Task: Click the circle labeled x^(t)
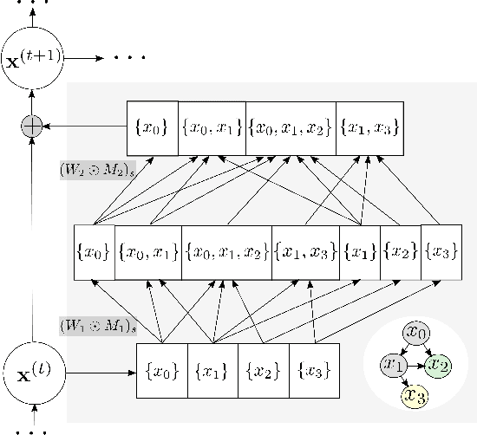tap(32, 375)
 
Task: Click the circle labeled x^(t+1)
tap(32, 59)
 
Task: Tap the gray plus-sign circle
tap(32, 127)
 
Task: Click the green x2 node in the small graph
tap(440, 365)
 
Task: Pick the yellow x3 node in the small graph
tap(415, 396)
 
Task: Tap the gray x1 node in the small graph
tap(395, 365)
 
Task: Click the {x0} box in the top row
tap(152, 128)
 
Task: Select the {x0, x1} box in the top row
tap(212, 128)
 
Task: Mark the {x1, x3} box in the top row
tap(369, 128)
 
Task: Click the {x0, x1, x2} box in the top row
tap(291, 128)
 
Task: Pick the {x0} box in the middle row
tap(94, 252)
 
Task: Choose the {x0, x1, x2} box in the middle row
tap(227, 252)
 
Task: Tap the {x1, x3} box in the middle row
tap(305, 252)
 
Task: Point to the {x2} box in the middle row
tap(400, 252)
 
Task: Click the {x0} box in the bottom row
tap(162, 371)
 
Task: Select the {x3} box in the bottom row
tap(313, 371)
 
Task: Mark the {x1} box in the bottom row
tap(212, 371)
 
